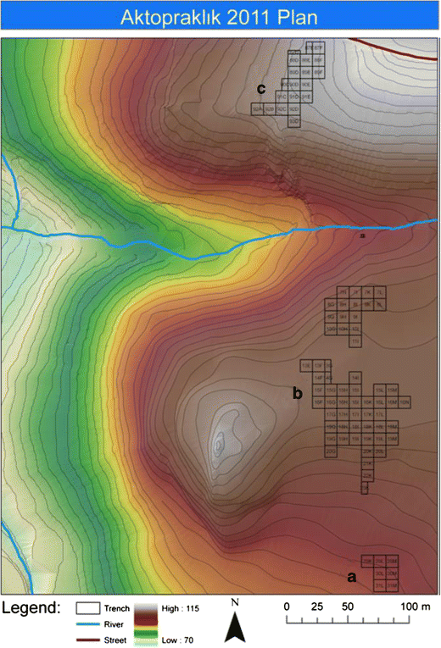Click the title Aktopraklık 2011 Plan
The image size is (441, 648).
coord(220,18)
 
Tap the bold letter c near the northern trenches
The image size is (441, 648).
coord(262,87)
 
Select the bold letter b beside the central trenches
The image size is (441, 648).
coord(297,393)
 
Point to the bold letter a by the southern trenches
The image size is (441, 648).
coord(351,576)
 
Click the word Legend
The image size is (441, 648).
coord(32,608)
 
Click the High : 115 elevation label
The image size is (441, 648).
coord(181,608)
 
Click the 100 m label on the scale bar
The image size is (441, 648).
coord(416,607)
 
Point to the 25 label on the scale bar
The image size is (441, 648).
coord(319,607)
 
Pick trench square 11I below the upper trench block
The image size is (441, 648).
coord(355,341)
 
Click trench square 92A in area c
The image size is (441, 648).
coord(258,109)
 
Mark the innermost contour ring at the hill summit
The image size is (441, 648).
coord(218,442)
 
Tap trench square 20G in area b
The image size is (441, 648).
coord(331,453)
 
